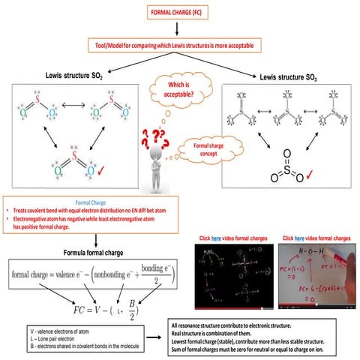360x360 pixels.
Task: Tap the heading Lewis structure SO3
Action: pos(289,76)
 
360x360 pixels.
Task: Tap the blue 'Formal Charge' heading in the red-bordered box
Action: pos(93,202)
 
